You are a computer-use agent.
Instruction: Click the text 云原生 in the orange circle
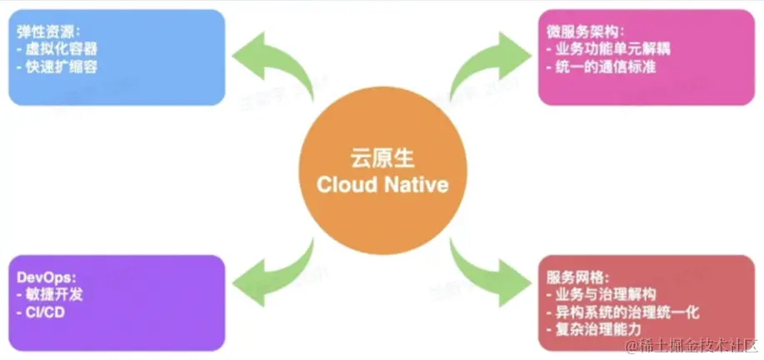[382, 159]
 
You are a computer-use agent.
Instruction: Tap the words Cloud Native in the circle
[382, 185]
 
